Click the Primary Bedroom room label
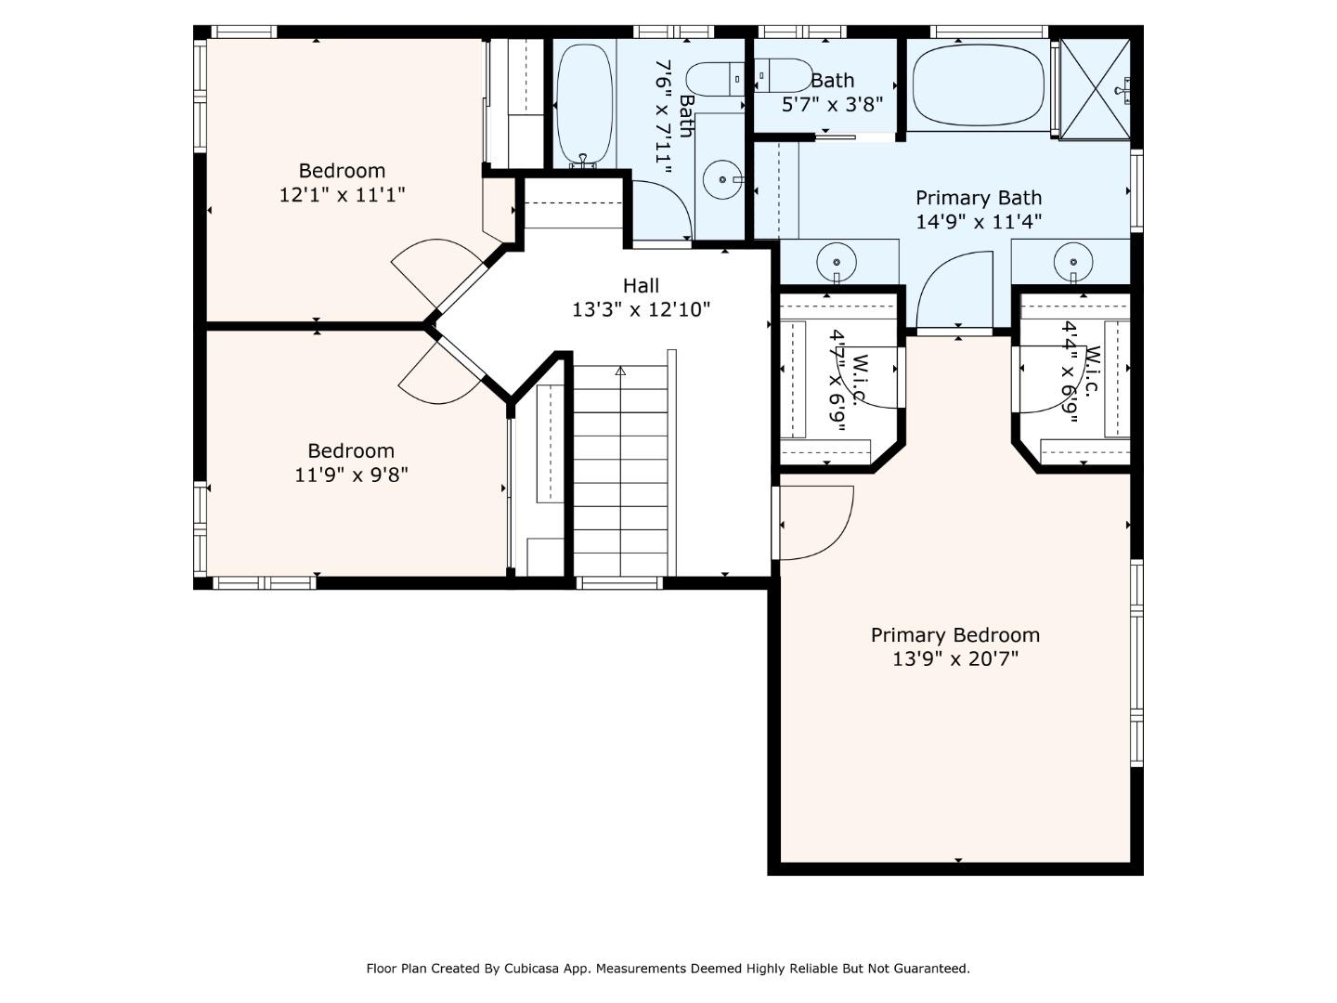pyautogui.click(x=954, y=635)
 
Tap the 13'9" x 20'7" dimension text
pyautogui.click(x=954, y=659)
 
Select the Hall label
pyautogui.click(x=641, y=285)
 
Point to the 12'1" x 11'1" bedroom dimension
pyautogui.click(x=342, y=195)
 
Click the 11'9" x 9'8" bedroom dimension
pyautogui.click(x=351, y=475)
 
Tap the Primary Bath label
pyautogui.click(x=979, y=198)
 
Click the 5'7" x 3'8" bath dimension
pyautogui.click(x=832, y=104)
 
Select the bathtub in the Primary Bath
pyautogui.click(x=978, y=86)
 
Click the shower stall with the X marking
pyautogui.click(x=1096, y=88)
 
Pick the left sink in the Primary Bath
pyautogui.click(x=837, y=261)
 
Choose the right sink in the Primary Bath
pyautogui.click(x=1073, y=261)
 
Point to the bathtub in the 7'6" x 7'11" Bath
pyautogui.click(x=584, y=104)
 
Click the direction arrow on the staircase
pyautogui.click(x=620, y=371)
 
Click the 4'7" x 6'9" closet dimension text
pyautogui.click(x=838, y=380)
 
